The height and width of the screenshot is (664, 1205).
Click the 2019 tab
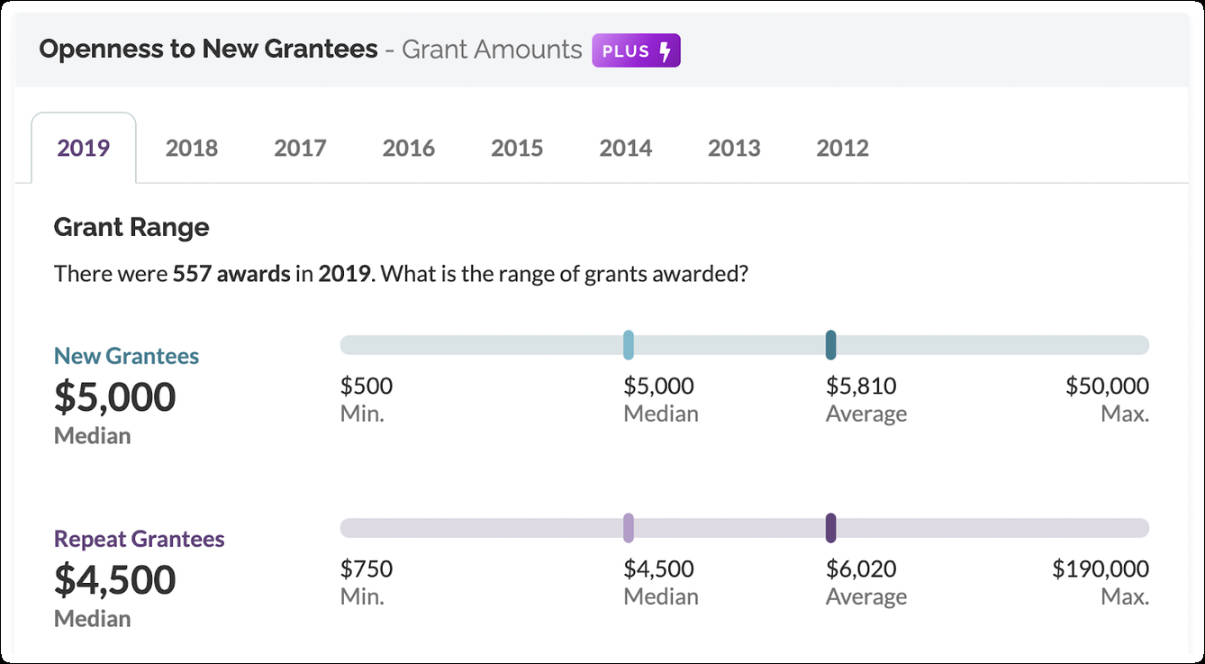coord(84,148)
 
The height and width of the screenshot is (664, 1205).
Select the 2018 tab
coord(192,148)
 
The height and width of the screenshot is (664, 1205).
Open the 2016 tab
coord(409,148)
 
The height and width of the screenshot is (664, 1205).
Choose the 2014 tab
coord(626,148)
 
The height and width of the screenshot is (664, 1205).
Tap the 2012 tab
coord(843,148)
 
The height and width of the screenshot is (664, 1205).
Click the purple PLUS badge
coord(636,50)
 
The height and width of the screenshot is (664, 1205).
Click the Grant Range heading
coord(131,227)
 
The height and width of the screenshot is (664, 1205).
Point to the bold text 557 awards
coord(231,273)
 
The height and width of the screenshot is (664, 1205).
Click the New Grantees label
coord(126,356)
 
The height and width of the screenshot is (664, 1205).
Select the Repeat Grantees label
coord(140,539)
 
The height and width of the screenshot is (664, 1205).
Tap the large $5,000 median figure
coord(115,396)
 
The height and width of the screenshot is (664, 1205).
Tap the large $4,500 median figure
coord(115,579)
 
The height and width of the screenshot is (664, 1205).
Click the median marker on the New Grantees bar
coord(629,345)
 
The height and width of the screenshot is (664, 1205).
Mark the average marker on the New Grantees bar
coord(830,345)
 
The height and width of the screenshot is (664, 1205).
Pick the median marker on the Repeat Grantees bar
coord(629,528)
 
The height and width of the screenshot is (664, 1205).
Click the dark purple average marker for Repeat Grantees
coord(830,528)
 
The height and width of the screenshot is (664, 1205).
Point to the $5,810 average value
coord(861,387)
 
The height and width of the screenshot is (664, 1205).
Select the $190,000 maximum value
coord(1101,569)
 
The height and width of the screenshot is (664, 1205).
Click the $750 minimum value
coord(367,569)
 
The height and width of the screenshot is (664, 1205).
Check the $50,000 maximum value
coord(1107,387)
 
